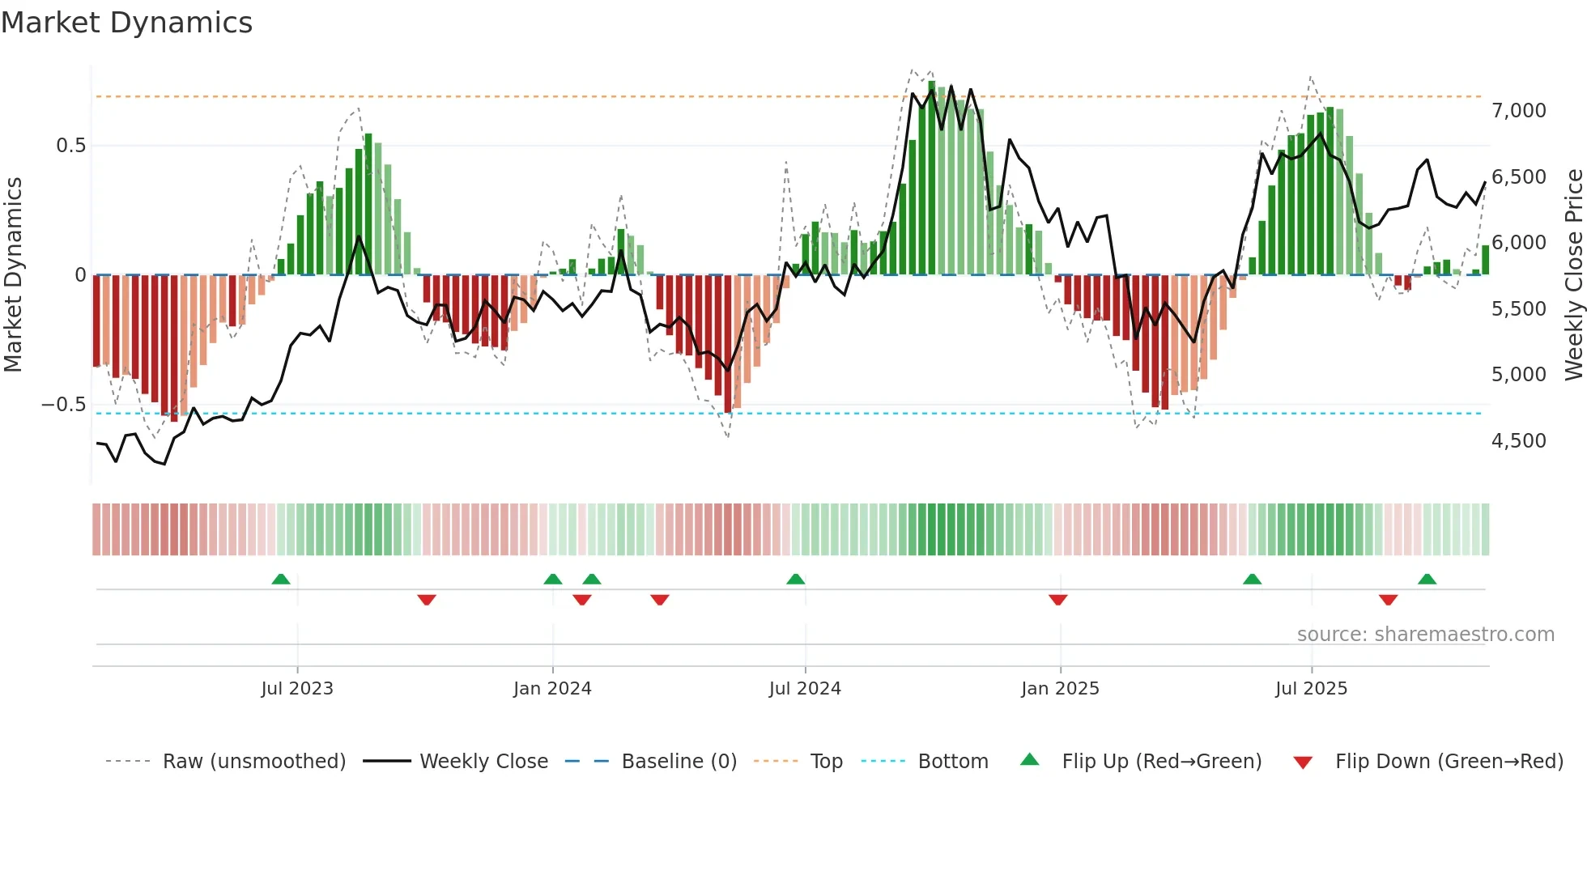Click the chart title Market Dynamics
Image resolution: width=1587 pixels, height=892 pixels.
[x=127, y=23]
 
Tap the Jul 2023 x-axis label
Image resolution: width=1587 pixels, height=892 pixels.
[x=297, y=689]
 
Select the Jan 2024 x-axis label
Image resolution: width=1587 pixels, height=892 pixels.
[x=552, y=689]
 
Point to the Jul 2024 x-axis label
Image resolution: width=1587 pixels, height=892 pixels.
[x=805, y=689]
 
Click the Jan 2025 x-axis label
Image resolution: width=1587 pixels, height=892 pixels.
[x=1060, y=689]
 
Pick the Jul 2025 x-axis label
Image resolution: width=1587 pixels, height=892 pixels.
[x=1311, y=689]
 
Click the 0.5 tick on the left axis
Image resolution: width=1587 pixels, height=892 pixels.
[x=70, y=146]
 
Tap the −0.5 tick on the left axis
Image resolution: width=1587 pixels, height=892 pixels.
[x=63, y=405]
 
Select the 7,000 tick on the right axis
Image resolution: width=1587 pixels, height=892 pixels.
[x=1518, y=111]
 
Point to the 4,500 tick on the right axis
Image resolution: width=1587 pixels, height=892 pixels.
[x=1518, y=441]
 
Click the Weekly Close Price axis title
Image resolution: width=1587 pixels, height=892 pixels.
[x=1573, y=275]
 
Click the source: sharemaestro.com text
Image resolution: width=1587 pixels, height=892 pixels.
[x=1425, y=635]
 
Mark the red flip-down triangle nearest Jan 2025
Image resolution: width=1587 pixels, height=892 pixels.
[x=1057, y=600]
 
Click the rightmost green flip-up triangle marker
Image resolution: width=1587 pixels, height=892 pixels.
[x=1427, y=579]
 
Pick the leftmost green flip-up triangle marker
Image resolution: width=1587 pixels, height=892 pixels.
[x=281, y=579]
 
